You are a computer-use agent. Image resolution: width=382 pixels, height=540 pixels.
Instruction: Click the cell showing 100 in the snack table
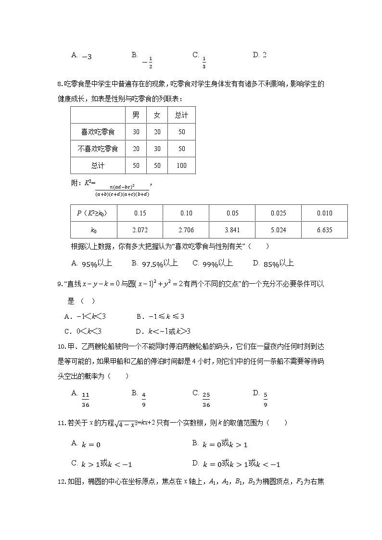pos(181,165)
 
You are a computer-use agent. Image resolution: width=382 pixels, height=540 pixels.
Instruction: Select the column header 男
pos(136,115)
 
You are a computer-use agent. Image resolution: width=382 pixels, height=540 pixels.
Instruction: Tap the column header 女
pos(157,115)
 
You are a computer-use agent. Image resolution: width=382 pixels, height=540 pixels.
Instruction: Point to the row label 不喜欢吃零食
pos(98,149)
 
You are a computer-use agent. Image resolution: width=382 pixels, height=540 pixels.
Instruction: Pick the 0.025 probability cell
pos(278,213)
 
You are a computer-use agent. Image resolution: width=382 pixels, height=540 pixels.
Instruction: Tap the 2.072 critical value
pos(140,230)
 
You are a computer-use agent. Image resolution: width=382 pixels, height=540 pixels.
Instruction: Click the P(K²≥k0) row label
pos(93,213)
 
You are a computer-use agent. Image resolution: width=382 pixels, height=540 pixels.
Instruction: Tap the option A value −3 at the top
pos(87,57)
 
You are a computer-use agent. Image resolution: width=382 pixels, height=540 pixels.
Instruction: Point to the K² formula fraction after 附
pos(122,190)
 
